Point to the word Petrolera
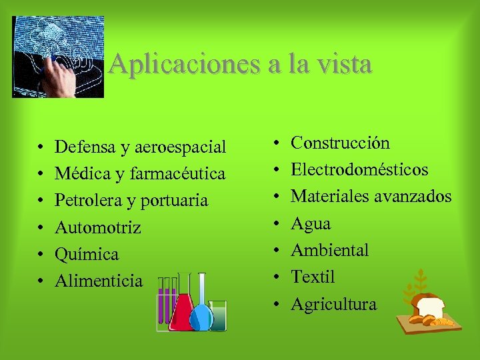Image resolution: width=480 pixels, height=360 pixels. click(x=85, y=201)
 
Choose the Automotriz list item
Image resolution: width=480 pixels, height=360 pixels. click(x=97, y=228)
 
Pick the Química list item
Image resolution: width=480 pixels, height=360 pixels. click(x=87, y=255)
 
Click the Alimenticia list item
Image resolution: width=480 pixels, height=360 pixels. click(x=99, y=281)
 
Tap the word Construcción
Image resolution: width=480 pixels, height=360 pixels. click(x=340, y=143)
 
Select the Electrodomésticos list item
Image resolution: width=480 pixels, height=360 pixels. click(x=359, y=169)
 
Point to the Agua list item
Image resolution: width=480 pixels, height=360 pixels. click(x=311, y=223)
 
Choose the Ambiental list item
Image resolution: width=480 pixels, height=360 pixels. click(x=329, y=250)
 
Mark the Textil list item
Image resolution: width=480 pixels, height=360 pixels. click(x=313, y=277)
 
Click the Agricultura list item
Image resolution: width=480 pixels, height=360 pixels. click(x=333, y=305)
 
